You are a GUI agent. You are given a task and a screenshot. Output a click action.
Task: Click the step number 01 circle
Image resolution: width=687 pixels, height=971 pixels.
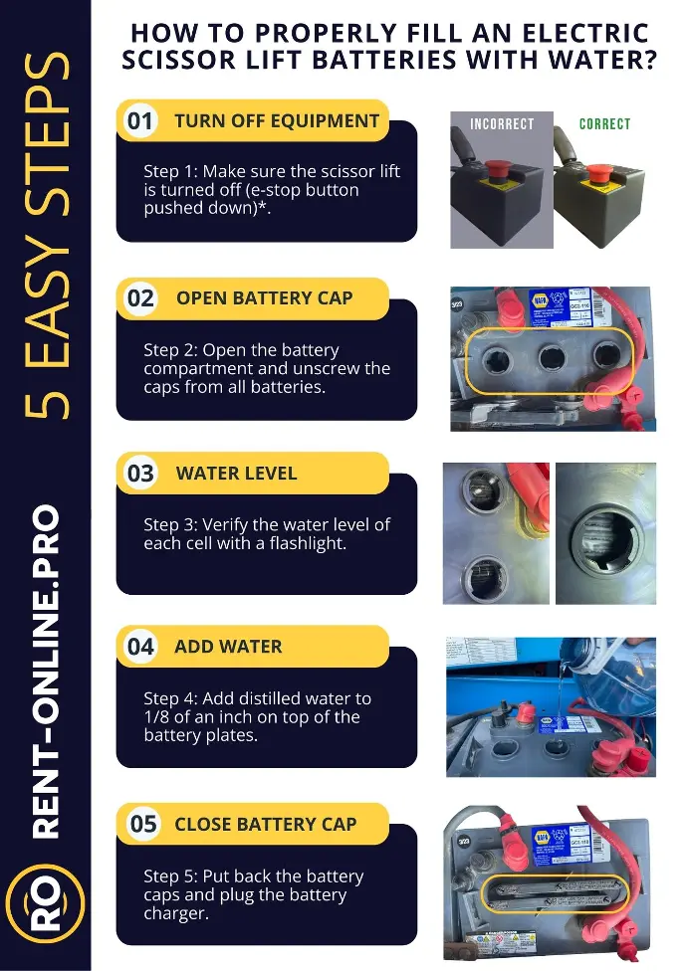(x=140, y=120)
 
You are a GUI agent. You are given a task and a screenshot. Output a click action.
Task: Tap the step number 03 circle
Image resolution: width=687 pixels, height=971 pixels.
(x=140, y=474)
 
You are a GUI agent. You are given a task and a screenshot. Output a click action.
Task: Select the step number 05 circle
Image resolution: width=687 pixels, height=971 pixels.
(x=142, y=824)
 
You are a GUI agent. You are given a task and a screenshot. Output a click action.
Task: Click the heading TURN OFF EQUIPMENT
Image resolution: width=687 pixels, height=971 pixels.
(x=277, y=120)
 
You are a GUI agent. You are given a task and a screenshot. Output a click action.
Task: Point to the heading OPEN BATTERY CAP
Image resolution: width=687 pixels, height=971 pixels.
(x=265, y=297)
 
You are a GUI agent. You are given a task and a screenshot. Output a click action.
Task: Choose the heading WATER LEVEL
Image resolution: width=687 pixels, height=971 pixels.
(x=237, y=474)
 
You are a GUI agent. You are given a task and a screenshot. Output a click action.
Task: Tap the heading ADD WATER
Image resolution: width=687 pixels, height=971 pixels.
(x=228, y=647)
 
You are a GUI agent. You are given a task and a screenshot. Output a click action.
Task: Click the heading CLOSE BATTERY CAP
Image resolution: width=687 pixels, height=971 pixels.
(x=266, y=824)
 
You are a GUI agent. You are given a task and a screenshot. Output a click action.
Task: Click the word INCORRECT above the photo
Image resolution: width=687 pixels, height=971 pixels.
(x=502, y=123)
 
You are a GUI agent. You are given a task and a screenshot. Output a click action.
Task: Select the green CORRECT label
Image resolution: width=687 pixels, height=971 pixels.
(x=604, y=123)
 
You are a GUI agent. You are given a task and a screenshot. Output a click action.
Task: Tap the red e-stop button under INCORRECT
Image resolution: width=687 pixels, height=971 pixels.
(x=498, y=169)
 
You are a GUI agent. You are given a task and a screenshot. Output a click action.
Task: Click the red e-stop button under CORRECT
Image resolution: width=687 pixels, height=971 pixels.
(x=597, y=173)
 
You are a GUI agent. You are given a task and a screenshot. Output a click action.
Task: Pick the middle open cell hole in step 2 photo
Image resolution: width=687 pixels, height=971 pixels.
(x=550, y=357)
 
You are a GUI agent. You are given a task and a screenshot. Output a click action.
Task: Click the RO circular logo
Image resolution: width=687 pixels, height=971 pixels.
(x=45, y=904)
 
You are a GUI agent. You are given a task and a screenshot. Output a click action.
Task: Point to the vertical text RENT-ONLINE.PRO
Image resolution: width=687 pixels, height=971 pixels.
(x=46, y=672)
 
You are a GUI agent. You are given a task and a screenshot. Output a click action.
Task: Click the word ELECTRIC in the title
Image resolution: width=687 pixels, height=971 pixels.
(x=586, y=33)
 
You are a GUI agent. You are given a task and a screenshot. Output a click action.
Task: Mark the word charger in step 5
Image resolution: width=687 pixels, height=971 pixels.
(x=174, y=913)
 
